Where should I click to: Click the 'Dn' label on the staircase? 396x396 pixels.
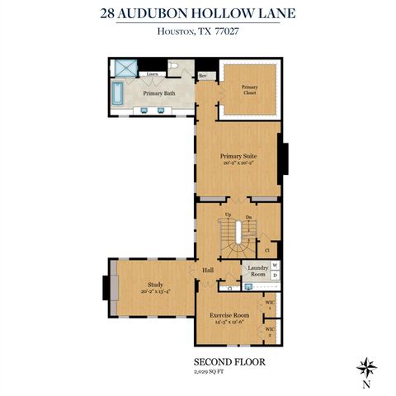247,216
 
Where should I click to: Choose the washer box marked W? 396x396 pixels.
275,265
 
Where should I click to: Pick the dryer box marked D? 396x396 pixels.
275,275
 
